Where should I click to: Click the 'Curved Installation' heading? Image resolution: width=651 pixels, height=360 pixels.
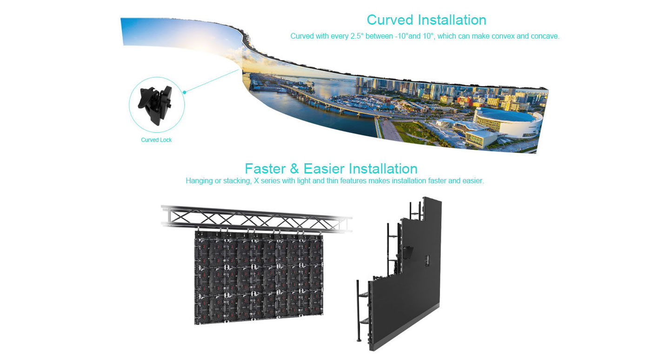[426, 20]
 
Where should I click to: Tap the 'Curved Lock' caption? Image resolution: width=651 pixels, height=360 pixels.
[156, 140]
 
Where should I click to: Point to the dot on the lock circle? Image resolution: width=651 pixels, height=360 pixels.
[184, 92]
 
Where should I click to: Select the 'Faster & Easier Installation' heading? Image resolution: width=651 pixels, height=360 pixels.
[331, 168]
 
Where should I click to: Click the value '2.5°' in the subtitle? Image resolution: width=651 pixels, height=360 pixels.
[356, 36]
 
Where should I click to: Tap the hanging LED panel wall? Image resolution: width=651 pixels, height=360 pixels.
[258, 277]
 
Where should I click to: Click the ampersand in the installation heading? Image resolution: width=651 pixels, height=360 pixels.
[294, 168]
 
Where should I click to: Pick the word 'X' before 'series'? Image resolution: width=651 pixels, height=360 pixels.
[256, 181]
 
